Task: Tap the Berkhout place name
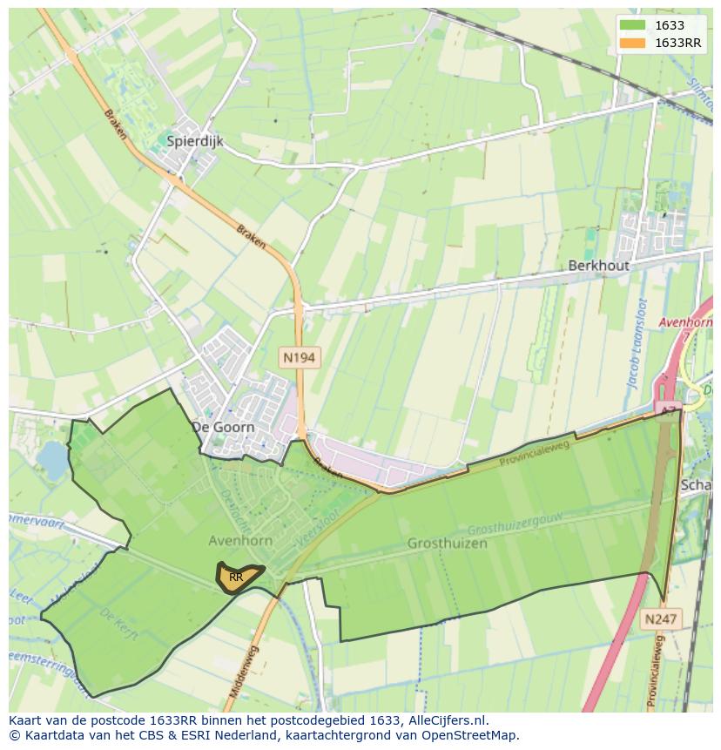click(598, 266)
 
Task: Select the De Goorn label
click(223, 427)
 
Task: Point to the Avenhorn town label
click(240, 540)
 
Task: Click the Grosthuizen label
click(447, 543)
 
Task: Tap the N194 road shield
click(299, 357)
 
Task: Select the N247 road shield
click(660, 619)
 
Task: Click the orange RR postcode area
click(237, 577)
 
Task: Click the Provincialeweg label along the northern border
click(534, 453)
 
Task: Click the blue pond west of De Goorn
click(52, 460)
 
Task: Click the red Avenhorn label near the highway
click(685, 322)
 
